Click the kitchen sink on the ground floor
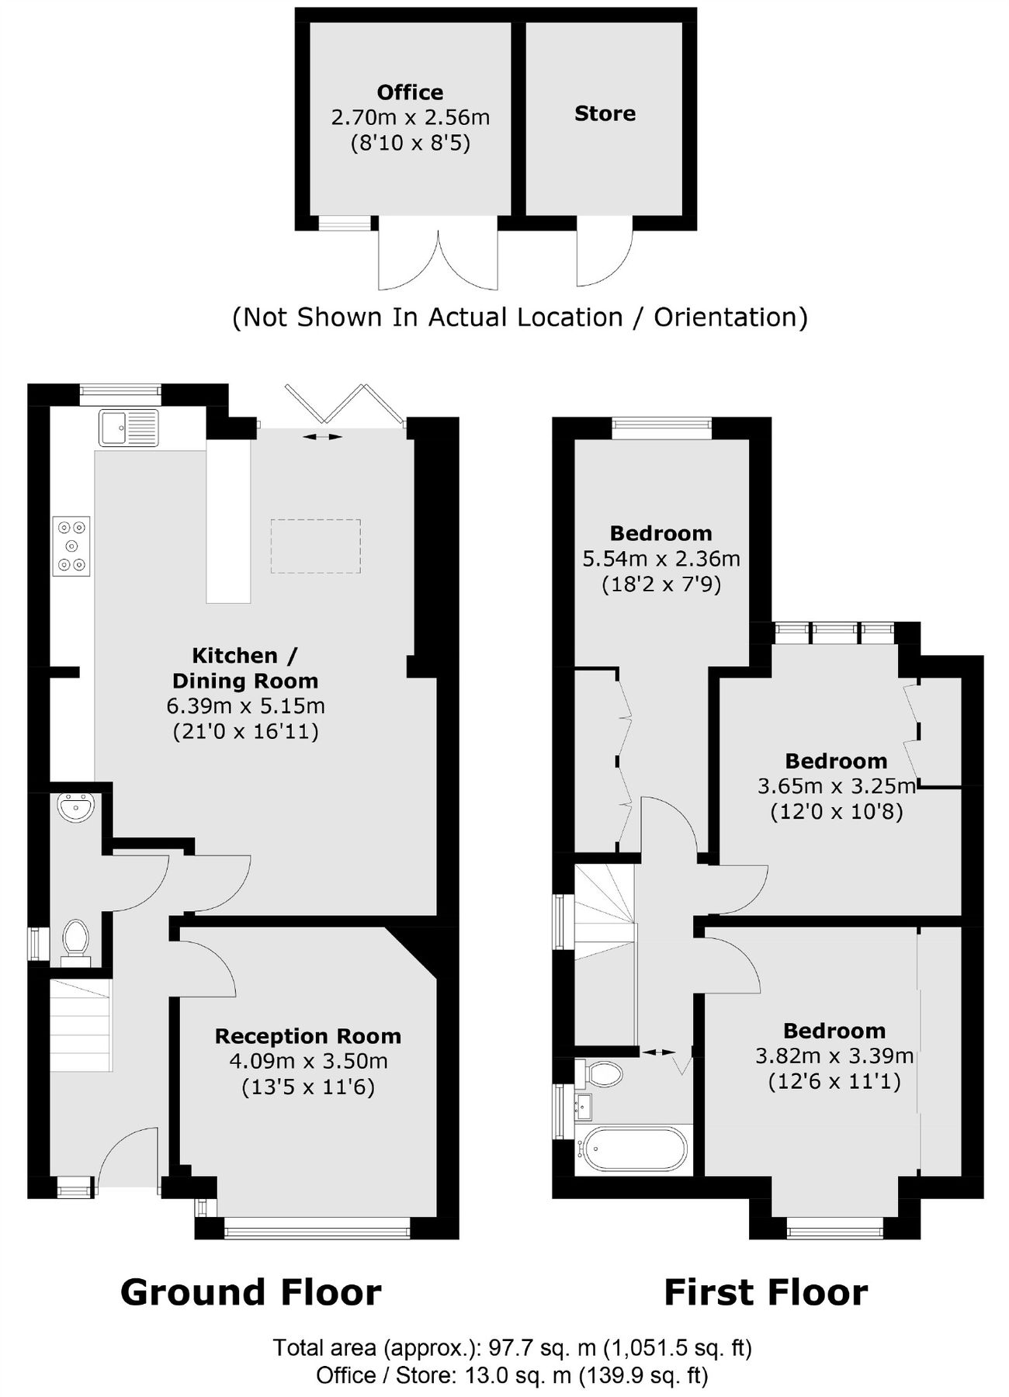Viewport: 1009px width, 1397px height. [x=129, y=428]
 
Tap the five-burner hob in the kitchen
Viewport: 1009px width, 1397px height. [x=71, y=546]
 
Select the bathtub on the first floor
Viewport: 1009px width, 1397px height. [x=635, y=1149]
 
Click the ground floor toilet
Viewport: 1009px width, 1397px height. [x=75, y=940]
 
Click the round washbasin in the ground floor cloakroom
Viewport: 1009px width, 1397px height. [x=75, y=808]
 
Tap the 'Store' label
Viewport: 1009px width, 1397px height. [x=605, y=114]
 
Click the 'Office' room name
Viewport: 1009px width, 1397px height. [x=410, y=92]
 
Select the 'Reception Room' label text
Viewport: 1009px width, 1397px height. [x=308, y=1036]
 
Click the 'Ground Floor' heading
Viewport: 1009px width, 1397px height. [x=251, y=1293]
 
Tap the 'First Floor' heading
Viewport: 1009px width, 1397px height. [x=765, y=1293]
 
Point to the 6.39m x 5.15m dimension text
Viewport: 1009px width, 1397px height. [x=245, y=706]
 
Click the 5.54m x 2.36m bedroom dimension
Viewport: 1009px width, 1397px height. [x=661, y=559]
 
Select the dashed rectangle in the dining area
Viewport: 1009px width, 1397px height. [x=315, y=546]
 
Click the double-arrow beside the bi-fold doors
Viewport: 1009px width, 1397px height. [x=322, y=438]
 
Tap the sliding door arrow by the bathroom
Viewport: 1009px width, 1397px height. [x=659, y=1052]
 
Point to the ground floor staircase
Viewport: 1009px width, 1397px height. [x=81, y=1025]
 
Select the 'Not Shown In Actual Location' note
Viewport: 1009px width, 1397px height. [x=520, y=317]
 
